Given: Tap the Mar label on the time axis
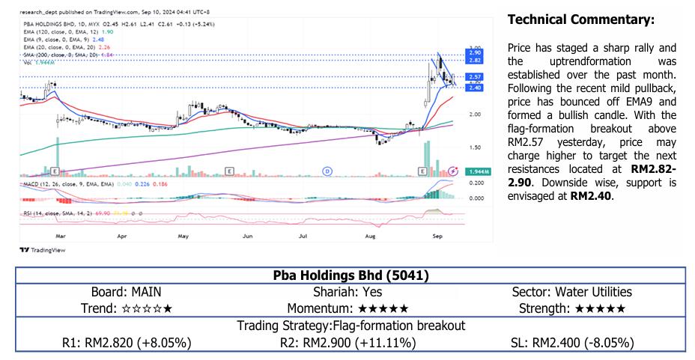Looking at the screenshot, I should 61,234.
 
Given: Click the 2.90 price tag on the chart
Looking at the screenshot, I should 474,53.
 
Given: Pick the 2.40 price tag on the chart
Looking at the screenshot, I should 474,88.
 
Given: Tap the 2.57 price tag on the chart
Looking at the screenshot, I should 474,77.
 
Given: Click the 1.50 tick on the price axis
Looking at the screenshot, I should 474,147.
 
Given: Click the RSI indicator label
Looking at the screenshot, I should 27,213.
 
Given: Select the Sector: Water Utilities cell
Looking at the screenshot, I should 571,292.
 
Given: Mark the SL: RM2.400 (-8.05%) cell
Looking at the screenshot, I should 571,343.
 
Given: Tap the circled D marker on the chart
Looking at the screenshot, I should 327,171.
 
